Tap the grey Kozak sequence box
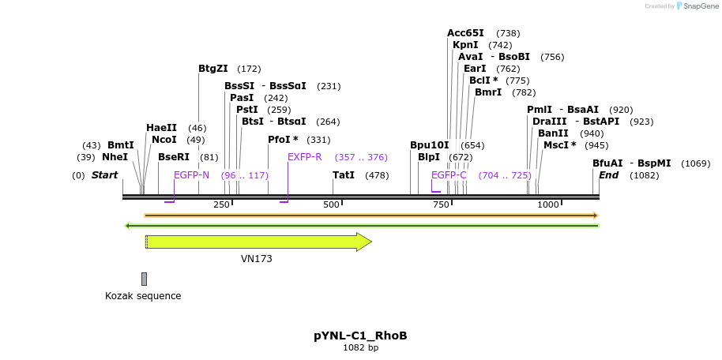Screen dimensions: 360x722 click(144, 279)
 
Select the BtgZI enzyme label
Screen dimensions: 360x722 click(213, 69)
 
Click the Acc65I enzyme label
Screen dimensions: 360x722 click(465, 33)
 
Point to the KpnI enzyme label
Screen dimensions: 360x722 click(465, 45)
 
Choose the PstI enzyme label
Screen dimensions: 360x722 click(247, 110)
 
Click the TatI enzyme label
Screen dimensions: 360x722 click(344, 175)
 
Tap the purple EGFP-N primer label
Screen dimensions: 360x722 click(191, 175)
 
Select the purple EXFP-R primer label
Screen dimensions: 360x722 click(304, 157)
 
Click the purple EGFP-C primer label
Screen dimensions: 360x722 click(449, 175)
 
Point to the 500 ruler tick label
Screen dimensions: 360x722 click(331, 204)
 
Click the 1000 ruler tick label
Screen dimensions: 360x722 click(548, 204)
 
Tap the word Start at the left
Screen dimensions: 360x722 click(104, 175)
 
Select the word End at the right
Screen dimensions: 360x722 click(608, 175)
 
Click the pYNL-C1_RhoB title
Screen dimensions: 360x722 click(360, 336)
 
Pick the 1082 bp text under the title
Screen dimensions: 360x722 click(360, 347)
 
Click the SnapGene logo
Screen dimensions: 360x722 click(698, 6)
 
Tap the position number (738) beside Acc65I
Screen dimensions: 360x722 click(508, 33)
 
